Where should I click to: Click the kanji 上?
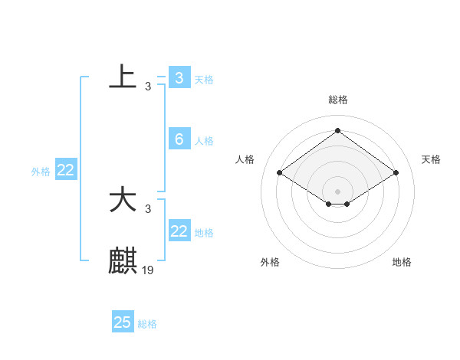(123, 77)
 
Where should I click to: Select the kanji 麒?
(123, 261)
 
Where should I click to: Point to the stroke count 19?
(148, 270)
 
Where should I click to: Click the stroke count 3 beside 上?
(148, 87)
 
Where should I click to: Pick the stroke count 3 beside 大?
(148, 209)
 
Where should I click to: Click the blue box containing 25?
(123, 322)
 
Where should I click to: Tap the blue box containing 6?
(179, 139)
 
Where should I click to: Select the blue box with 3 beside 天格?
(179, 78)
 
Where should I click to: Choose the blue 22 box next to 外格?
(66, 171)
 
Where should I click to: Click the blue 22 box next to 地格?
(179, 231)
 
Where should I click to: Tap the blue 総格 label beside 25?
(147, 324)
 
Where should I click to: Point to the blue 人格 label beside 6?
(204, 141)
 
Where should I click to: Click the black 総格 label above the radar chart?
(338, 100)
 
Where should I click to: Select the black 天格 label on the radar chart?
(431, 159)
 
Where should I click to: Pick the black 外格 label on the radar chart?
(270, 262)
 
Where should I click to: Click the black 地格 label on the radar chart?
(402, 262)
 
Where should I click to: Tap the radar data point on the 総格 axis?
(337, 131)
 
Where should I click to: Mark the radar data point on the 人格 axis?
(280, 173)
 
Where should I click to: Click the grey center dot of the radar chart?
(337, 190)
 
